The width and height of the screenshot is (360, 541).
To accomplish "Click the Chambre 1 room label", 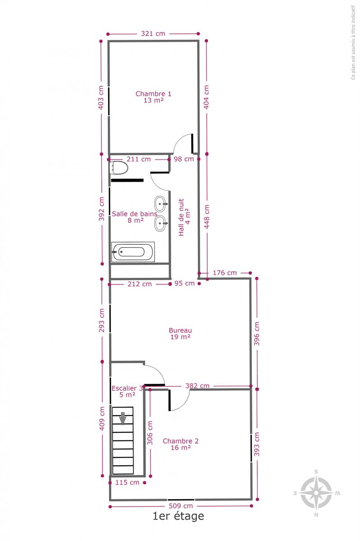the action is [x=153, y=97].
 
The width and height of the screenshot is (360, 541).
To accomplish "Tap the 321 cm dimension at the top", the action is [x=153, y=33].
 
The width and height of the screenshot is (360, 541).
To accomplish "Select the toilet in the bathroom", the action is [x=118, y=167].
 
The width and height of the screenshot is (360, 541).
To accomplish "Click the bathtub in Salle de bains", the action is [x=133, y=252].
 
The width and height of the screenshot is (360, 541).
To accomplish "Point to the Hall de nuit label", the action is [x=184, y=217].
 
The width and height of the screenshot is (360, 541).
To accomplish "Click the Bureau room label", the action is [x=180, y=334].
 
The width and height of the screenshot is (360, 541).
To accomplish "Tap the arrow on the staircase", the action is [x=123, y=418].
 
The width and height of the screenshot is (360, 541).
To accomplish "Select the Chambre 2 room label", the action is [x=181, y=444].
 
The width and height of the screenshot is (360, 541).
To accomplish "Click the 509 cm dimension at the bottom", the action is [x=181, y=506].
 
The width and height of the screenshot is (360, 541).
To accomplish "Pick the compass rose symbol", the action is [x=316, y=493].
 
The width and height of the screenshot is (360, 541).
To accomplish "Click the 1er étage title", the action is [x=178, y=516].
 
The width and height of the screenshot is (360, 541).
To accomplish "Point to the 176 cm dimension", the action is [x=224, y=273].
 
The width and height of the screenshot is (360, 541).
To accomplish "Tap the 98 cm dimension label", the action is [x=184, y=159].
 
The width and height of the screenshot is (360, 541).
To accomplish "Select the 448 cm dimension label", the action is [x=207, y=217].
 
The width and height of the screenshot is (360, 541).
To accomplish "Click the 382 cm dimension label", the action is [x=197, y=386].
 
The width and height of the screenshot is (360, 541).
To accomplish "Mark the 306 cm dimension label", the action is [x=150, y=433].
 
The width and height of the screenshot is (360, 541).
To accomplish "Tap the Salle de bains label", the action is [x=134, y=217].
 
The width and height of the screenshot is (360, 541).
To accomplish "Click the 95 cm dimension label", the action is [x=184, y=283].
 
